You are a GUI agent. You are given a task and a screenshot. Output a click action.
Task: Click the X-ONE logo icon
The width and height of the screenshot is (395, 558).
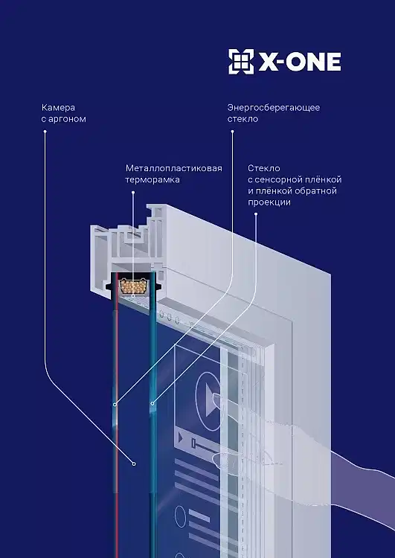[241, 62]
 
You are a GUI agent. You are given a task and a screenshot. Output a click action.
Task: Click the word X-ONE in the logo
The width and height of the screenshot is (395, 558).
[300, 62]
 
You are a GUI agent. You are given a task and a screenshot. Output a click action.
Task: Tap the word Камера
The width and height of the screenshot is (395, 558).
[58, 107]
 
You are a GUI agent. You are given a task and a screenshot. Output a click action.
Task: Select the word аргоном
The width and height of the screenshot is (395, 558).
[67, 119]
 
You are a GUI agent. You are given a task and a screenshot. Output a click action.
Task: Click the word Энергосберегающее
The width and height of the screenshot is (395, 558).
[274, 107]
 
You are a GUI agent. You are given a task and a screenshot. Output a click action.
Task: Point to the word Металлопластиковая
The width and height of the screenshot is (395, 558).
[174, 168]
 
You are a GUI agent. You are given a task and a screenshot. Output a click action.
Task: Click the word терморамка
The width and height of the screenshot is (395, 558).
[152, 180]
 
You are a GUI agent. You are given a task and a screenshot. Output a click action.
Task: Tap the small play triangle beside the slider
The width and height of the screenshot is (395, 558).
[181, 437]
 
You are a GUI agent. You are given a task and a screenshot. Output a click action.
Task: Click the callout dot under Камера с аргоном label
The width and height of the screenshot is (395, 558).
[45, 131]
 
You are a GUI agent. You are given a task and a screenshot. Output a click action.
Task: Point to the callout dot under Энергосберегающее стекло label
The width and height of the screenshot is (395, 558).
[232, 131]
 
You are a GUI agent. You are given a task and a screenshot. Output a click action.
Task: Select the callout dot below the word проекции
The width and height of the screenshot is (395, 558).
[255, 214]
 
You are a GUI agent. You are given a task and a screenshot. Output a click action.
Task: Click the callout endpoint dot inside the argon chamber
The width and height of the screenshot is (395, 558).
[134, 464]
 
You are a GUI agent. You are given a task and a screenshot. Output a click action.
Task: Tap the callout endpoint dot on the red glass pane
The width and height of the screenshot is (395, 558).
[115, 405]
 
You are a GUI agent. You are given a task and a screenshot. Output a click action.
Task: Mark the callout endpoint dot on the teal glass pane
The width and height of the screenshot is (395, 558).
[152, 403]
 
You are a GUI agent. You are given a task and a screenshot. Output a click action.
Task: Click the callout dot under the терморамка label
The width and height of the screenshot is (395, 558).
[133, 193]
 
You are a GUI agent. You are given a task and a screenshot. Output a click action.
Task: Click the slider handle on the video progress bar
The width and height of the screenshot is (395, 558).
[193, 443]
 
